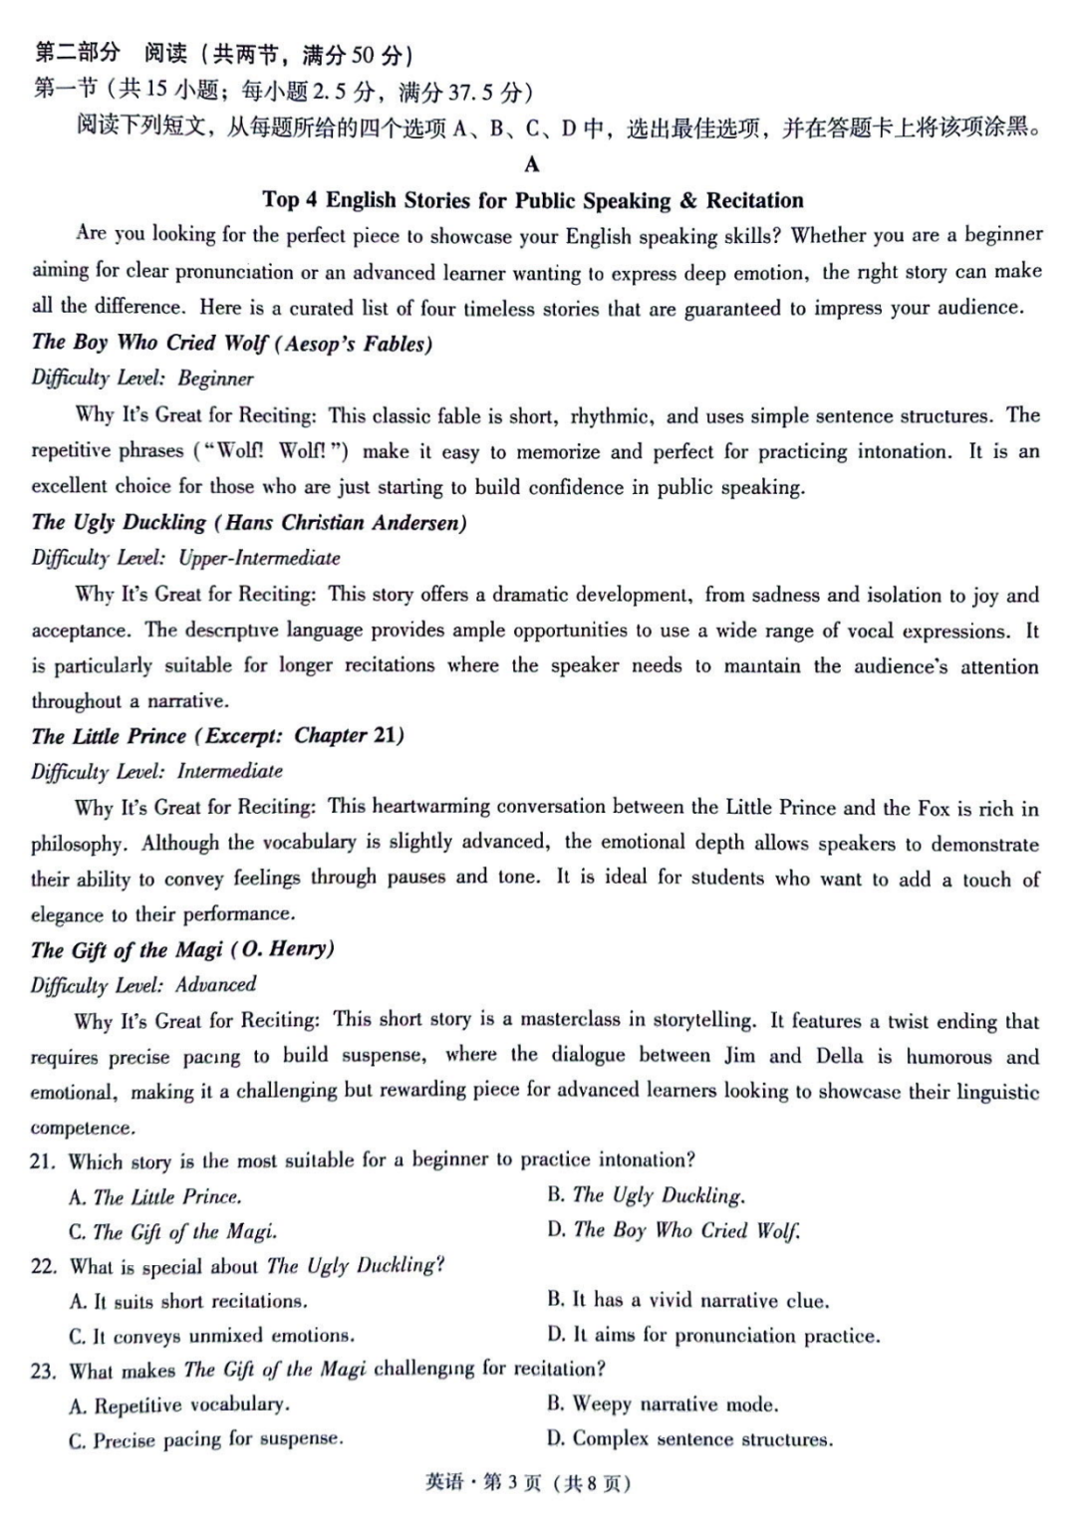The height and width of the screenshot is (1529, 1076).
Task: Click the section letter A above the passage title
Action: pos(532,164)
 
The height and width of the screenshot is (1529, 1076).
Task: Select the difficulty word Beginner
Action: pos(215,379)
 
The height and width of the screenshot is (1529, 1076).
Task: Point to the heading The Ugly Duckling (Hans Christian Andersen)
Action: pos(249,523)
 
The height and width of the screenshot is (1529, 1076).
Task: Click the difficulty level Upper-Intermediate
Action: pos(259,558)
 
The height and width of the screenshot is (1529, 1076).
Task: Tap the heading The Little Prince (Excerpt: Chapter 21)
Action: pos(217,736)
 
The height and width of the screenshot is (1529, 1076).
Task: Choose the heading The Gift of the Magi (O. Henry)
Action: pos(182,949)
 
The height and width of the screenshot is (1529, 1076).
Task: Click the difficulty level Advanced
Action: pos(216,985)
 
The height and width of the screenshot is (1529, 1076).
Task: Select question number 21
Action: pos(42,1161)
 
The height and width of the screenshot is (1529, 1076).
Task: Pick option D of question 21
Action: pos(673,1230)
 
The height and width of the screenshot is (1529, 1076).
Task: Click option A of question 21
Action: pos(155,1196)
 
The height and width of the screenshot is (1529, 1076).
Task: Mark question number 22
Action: pos(43,1267)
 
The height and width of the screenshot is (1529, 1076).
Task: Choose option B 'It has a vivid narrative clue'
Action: pos(687,1300)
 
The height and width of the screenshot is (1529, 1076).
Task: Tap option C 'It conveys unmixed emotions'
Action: pos(211,1336)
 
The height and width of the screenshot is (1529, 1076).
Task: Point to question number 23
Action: pos(43,1371)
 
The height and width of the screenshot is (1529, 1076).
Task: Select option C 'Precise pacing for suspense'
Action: pos(206,1440)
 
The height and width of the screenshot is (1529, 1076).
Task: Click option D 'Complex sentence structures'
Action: pos(689,1439)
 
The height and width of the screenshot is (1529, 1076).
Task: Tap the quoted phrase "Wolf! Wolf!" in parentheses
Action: pos(271,451)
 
